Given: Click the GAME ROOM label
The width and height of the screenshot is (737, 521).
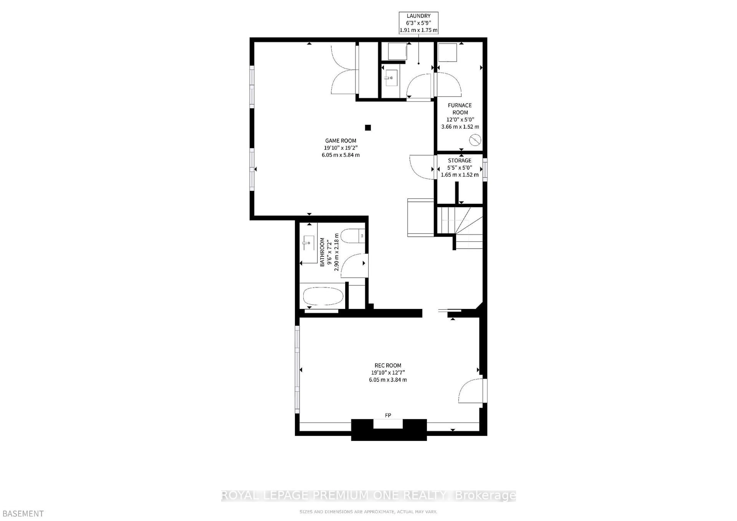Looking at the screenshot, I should click(340, 141).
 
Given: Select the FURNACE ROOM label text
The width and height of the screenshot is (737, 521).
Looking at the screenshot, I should click(460, 109).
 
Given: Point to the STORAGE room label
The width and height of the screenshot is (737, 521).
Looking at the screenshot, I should click(460, 160).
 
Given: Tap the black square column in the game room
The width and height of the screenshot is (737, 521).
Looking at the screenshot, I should click(368, 128).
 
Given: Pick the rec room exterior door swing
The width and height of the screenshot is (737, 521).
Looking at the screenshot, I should click(470, 390).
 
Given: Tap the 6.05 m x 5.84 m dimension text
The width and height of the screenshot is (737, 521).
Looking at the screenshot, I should click(340, 155).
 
